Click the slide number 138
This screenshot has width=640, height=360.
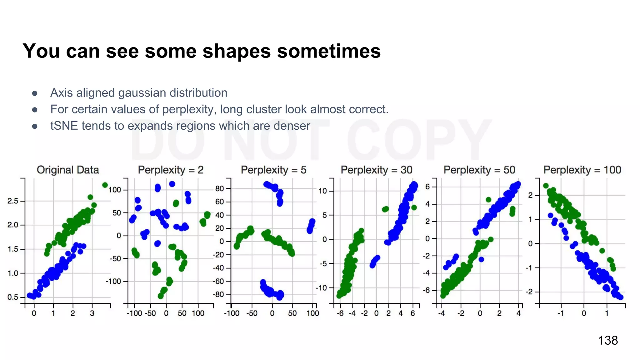[607, 340]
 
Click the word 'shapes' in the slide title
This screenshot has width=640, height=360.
[237, 51]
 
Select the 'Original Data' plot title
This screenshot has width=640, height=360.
[68, 170]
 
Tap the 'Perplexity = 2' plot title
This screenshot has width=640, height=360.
[171, 170]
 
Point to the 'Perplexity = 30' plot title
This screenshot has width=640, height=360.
[376, 170]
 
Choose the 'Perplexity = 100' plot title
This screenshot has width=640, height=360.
[582, 170]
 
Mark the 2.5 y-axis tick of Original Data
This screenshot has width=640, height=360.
[13, 201]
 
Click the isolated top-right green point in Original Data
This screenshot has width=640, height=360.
[105, 185]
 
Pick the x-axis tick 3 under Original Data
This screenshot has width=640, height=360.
[92, 313]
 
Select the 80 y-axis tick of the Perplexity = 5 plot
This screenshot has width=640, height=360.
[219, 188]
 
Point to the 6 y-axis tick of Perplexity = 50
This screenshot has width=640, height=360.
[427, 187]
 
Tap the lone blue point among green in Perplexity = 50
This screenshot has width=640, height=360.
[481, 259]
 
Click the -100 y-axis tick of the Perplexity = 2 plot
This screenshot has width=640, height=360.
[113, 282]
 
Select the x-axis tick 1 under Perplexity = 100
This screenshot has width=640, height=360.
[607, 313]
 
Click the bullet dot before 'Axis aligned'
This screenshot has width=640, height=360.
[35, 93]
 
